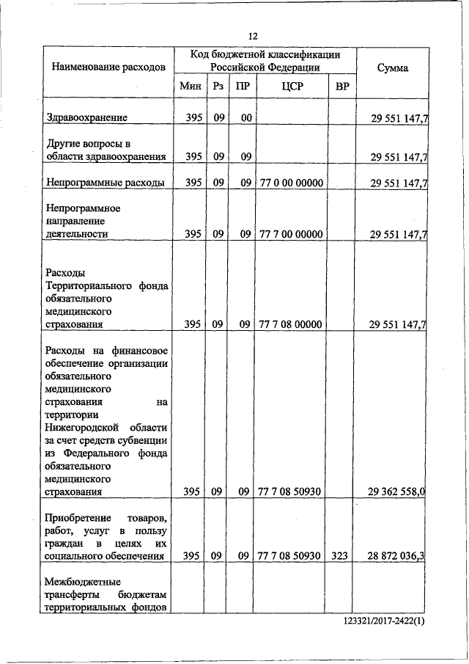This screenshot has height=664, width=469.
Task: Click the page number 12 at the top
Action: click(x=254, y=36)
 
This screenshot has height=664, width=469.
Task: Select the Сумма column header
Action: click(x=392, y=68)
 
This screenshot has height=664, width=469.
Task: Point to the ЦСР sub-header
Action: click(x=292, y=87)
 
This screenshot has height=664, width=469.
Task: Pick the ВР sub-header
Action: click(x=341, y=87)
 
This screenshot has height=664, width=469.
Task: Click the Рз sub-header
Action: click(x=218, y=87)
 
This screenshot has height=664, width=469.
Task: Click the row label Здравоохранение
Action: click(x=86, y=117)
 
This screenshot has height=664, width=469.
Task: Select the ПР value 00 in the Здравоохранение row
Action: click(x=245, y=117)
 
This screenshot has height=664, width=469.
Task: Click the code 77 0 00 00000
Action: click(x=292, y=182)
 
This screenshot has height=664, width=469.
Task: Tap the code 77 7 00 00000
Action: click(x=292, y=234)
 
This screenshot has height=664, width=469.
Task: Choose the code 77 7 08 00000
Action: click(x=292, y=324)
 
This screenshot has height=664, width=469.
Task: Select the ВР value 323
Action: click(x=339, y=555)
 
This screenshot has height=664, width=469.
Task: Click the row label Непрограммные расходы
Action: click(x=105, y=182)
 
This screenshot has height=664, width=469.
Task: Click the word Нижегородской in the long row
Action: click(x=81, y=427)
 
